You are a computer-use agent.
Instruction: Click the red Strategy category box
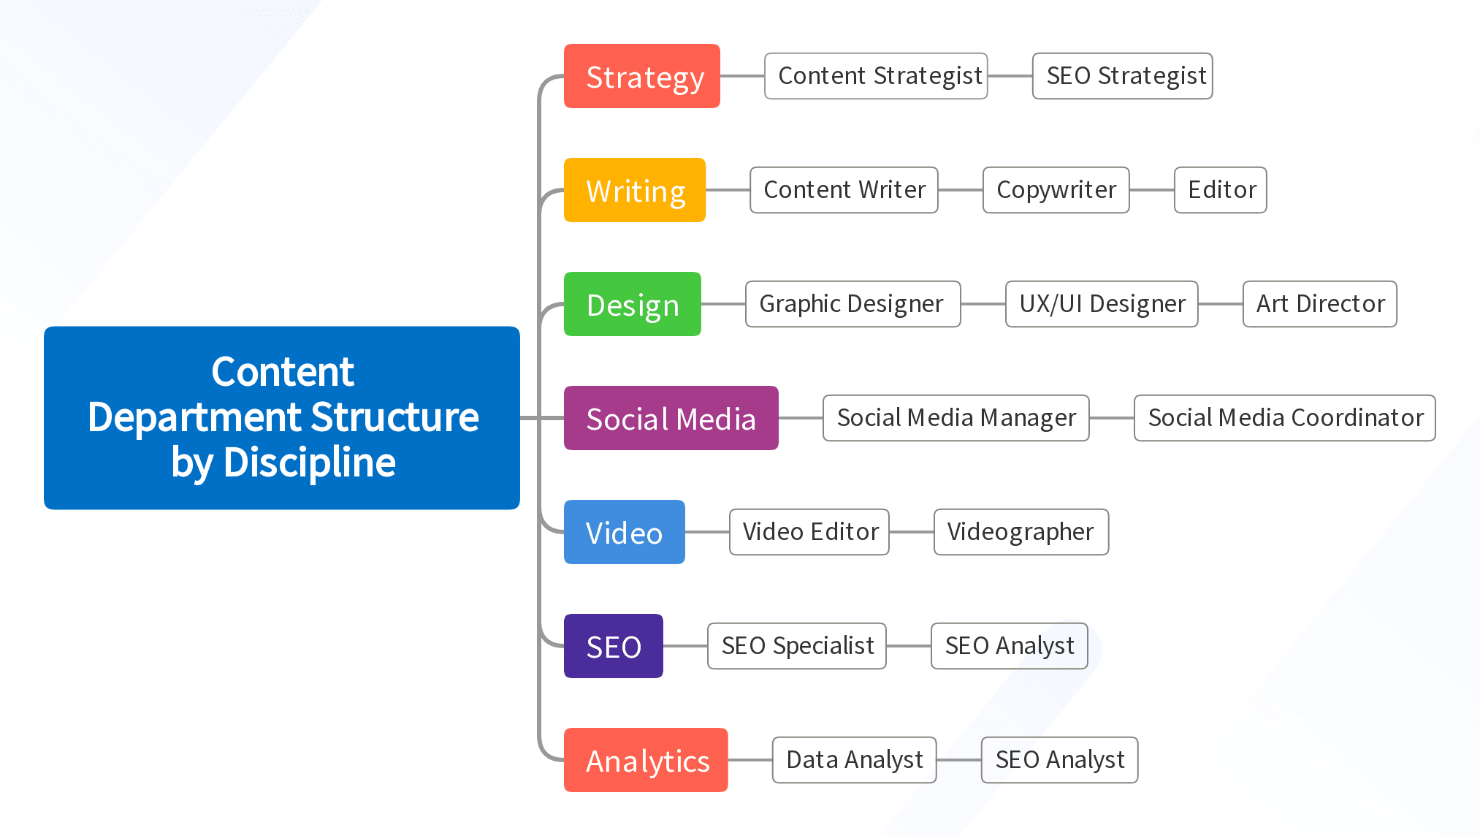641,76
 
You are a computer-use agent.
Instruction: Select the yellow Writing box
634,190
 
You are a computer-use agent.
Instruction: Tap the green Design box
632,304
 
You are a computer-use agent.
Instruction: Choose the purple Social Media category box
671,418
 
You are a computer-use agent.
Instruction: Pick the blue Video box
624,532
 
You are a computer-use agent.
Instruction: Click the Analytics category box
646,760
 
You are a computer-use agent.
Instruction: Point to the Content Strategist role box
876,76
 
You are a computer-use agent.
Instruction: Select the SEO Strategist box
1122,76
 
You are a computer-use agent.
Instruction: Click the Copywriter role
1056,190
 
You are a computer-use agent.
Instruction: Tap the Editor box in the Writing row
1220,190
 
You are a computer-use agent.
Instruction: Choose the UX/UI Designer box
1102,304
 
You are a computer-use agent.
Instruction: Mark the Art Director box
1319,304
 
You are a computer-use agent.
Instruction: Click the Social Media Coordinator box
1284,418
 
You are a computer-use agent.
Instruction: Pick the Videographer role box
1021,532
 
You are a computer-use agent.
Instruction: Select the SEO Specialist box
796,646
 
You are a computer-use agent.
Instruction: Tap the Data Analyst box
854,760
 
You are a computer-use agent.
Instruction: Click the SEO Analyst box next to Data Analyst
1059,760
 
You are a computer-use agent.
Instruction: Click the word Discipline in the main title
310,463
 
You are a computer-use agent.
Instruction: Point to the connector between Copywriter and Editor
1152,190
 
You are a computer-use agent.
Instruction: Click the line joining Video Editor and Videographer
912,532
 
